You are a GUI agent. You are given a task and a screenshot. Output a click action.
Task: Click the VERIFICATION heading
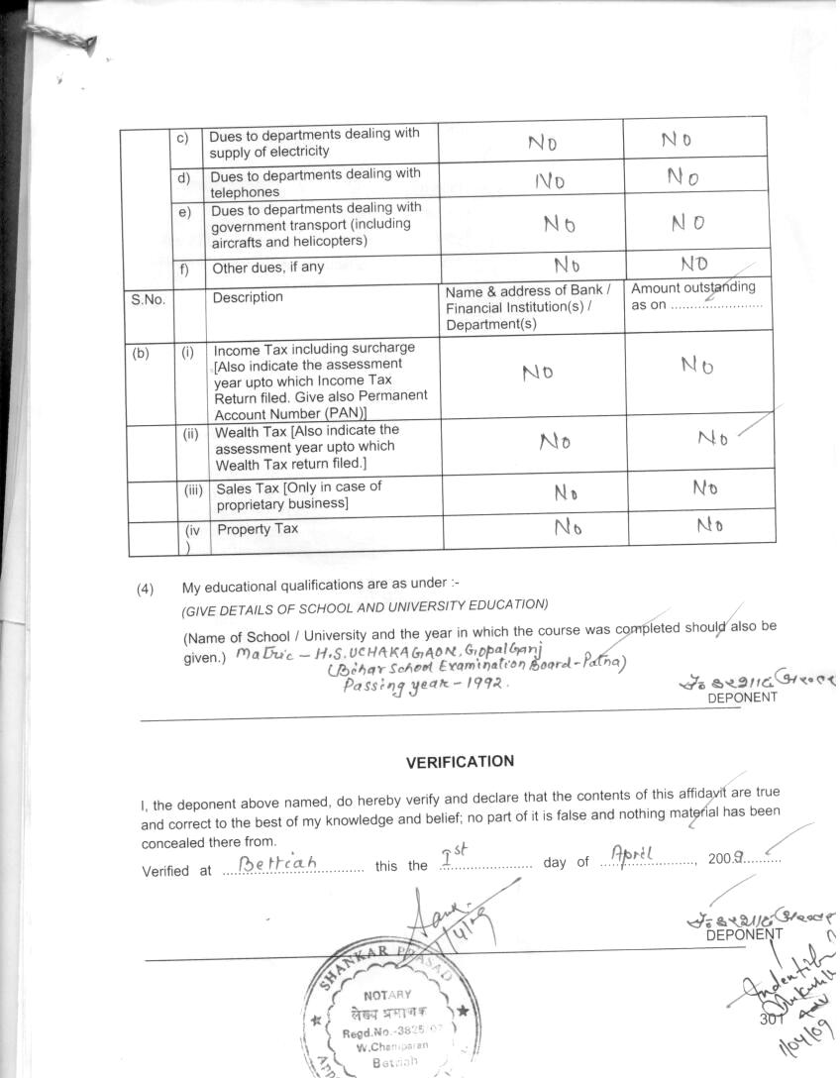tap(460, 762)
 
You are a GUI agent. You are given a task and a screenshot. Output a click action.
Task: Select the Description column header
tap(247, 297)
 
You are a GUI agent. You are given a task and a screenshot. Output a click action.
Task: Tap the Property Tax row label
tap(258, 529)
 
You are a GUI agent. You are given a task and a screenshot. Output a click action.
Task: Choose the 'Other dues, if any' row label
tap(267, 268)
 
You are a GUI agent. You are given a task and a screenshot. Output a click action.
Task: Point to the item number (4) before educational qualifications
tap(146, 588)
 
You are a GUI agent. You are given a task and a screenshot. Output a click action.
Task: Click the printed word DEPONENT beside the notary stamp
tap(743, 933)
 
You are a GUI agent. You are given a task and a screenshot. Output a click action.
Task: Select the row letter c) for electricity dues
tap(183, 138)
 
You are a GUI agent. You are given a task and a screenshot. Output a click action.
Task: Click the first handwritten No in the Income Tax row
tap(537, 373)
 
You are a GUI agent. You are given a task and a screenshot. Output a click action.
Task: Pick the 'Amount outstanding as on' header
tap(693, 295)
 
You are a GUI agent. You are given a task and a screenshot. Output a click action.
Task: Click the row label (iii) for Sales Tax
tap(194, 488)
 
